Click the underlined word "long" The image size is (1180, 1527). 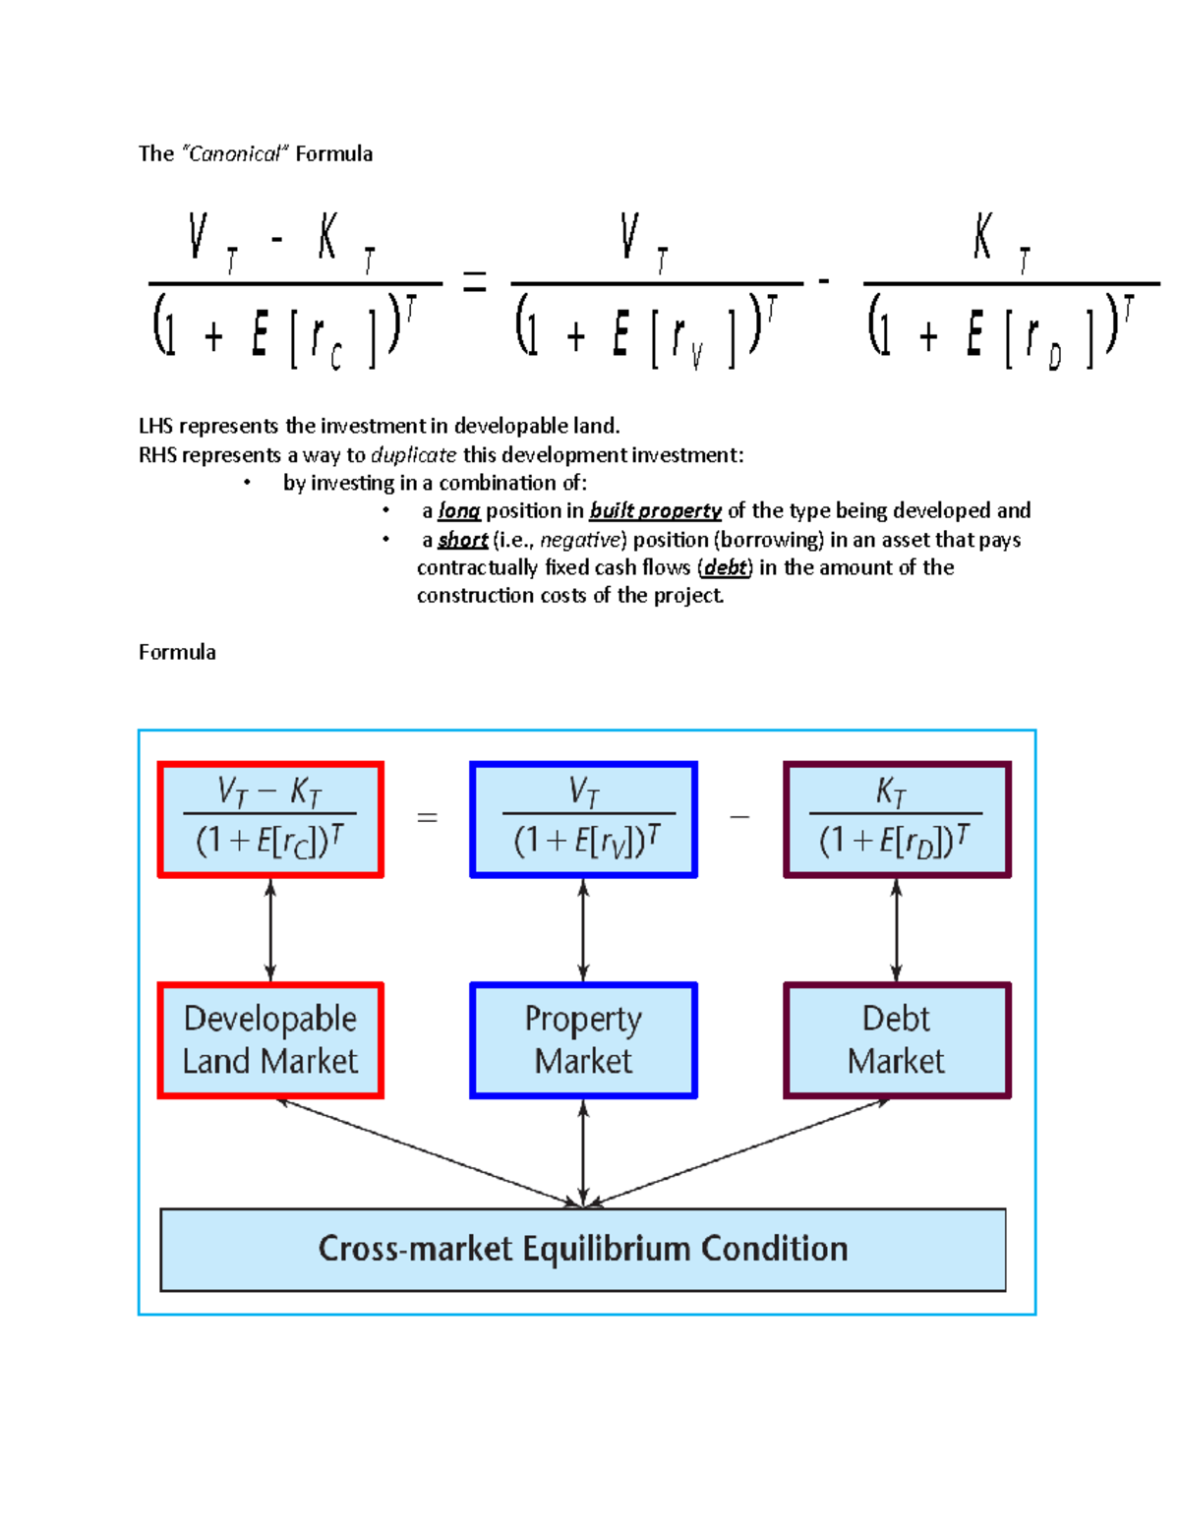(x=458, y=510)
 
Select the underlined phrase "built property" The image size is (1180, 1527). (x=655, y=510)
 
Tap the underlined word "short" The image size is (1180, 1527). (x=462, y=540)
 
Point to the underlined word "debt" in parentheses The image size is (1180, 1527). (x=726, y=567)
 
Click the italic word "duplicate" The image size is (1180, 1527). (x=413, y=455)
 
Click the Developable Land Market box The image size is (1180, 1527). (x=270, y=1040)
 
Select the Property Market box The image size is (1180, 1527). (x=583, y=1040)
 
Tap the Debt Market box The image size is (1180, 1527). (x=896, y=1040)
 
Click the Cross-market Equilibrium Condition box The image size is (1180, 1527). (x=583, y=1249)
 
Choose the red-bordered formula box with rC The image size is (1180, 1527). (x=270, y=819)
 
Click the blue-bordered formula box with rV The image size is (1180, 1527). (x=583, y=819)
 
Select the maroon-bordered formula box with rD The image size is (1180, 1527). (x=896, y=819)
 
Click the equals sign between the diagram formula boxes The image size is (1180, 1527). (x=427, y=817)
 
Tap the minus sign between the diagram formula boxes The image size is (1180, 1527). (x=739, y=817)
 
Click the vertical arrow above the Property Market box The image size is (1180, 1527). (x=583, y=930)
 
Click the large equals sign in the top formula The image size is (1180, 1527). (x=475, y=284)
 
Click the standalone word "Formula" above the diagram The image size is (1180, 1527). (x=177, y=652)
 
